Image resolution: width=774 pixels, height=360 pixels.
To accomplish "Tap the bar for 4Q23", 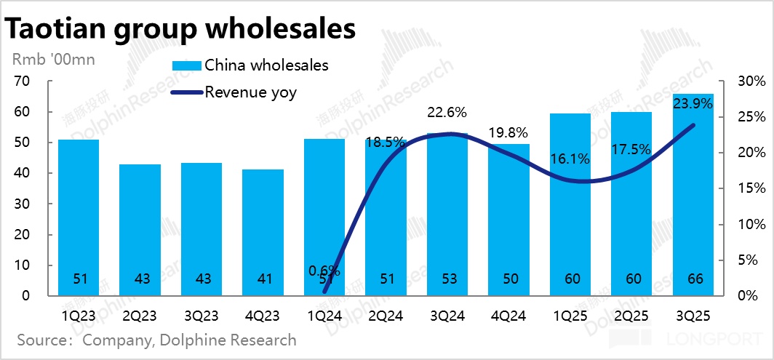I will click(263, 232).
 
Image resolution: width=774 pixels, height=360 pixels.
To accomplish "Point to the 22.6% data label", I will click(447, 113).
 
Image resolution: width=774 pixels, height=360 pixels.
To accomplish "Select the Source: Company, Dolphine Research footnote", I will click(156, 340).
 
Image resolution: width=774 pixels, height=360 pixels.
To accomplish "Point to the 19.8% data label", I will click(508, 132).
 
